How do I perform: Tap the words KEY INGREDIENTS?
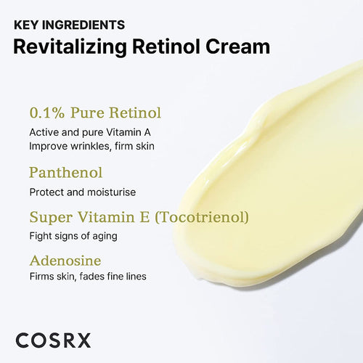[70, 25]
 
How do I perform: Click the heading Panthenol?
[65, 173]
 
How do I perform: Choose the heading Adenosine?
[65, 259]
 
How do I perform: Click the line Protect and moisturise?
[83, 192]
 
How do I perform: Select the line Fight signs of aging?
[73, 235]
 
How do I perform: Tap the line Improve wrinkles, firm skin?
[92, 146]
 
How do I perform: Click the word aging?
[104, 236]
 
